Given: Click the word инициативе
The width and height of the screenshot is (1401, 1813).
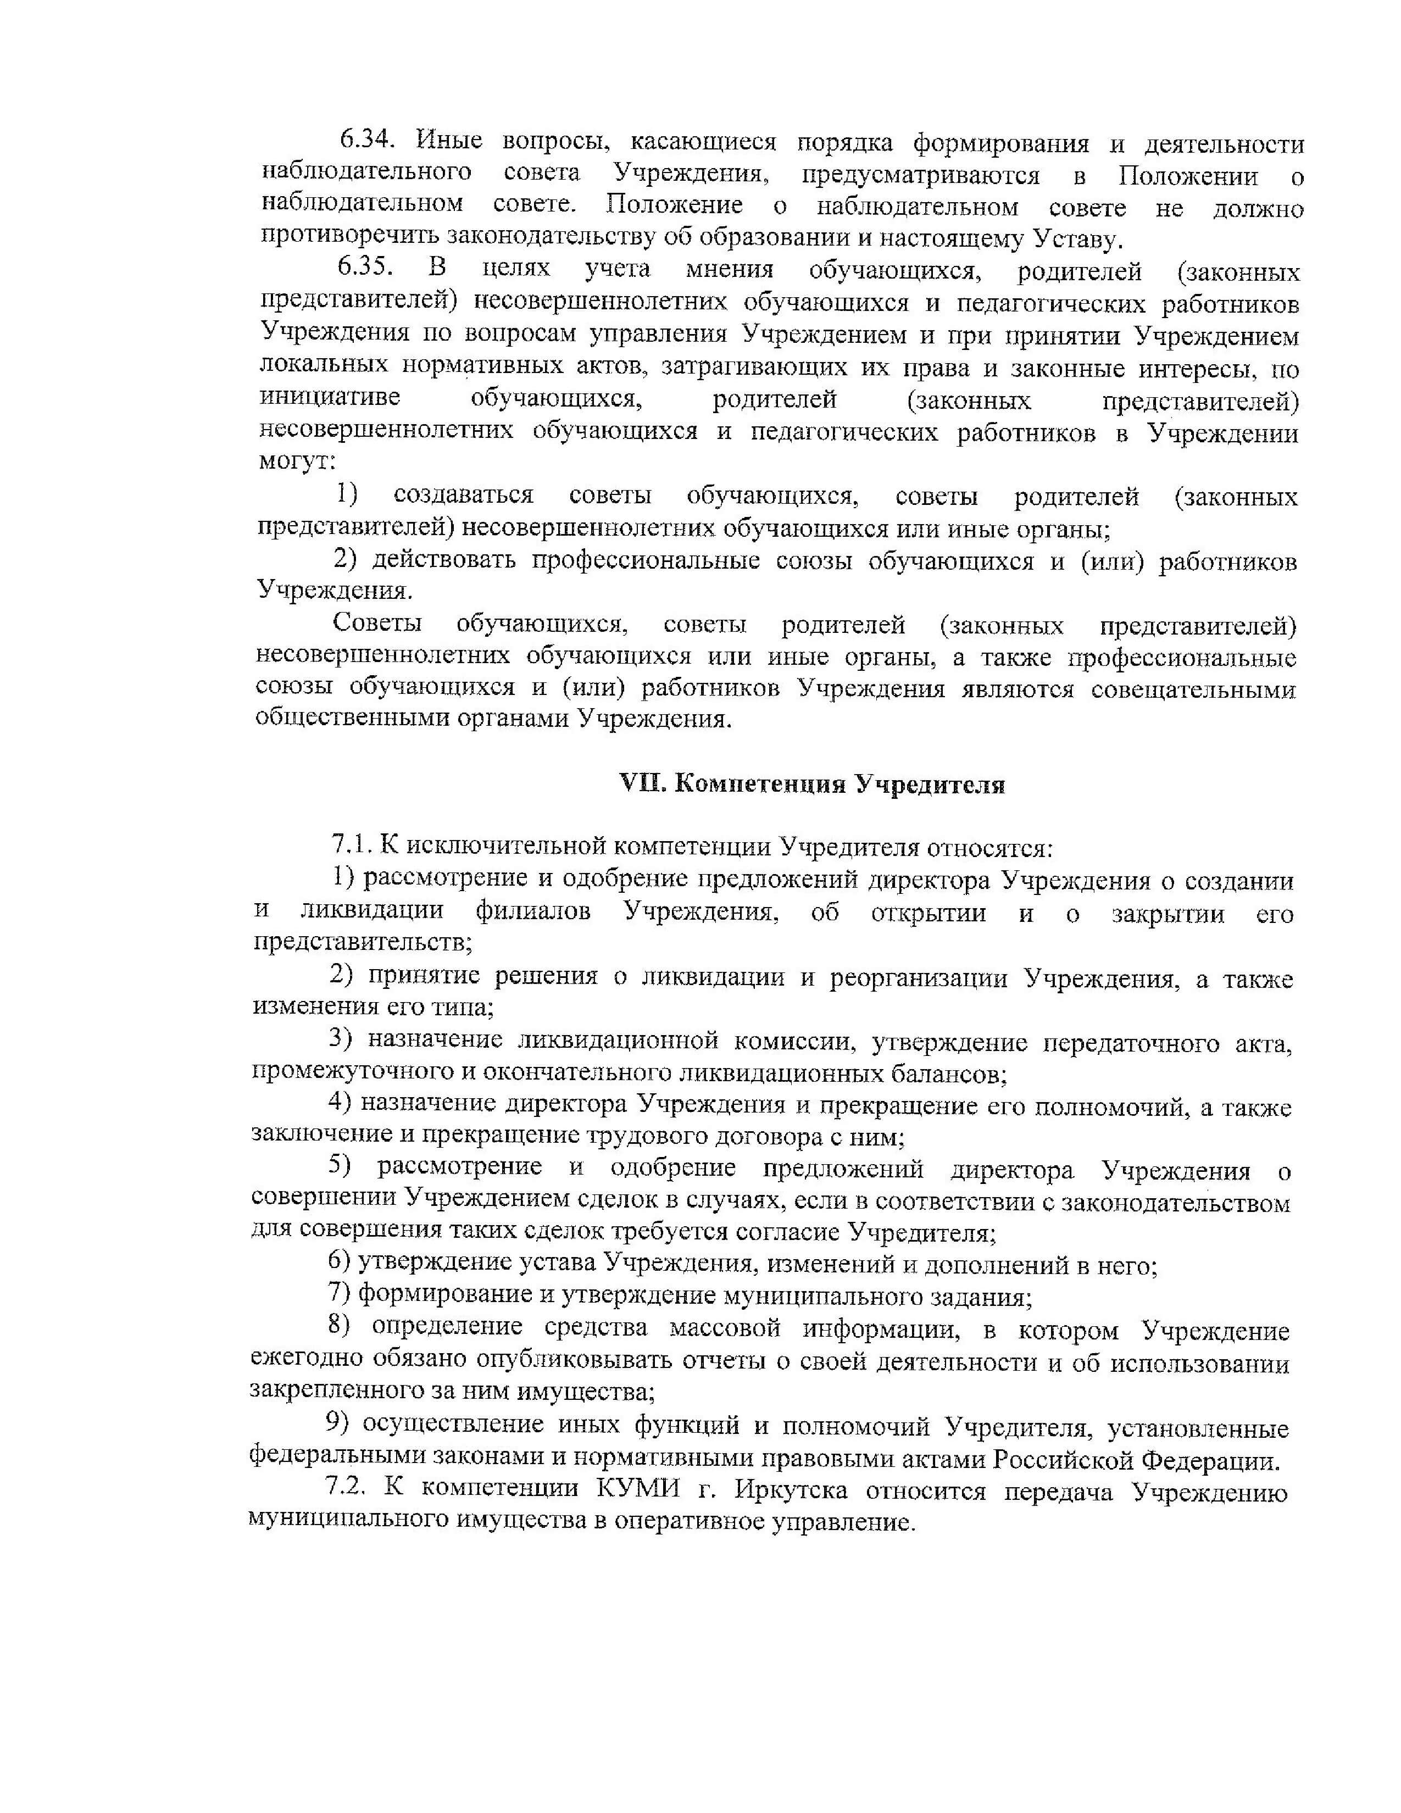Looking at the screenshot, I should pyautogui.click(x=330, y=398).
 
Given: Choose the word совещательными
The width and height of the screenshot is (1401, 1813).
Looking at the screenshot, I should pyautogui.click(x=1193, y=689).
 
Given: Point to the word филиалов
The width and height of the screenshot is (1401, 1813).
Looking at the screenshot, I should pyautogui.click(x=533, y=911).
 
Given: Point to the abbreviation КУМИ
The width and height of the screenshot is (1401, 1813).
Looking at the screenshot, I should pyautogui.click(x=637, y=1489).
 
